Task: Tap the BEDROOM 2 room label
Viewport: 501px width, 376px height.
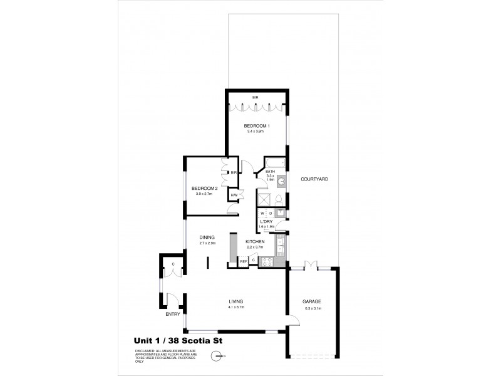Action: coord(204,189)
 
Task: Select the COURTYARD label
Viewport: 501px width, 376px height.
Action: coord(314,179)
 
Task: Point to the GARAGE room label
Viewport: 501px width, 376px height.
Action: coord(311,301)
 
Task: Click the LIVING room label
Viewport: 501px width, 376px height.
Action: coord(235,301)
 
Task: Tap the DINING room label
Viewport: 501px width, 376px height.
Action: coord(207,237)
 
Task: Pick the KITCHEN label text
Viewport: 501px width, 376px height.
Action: coord(255,241)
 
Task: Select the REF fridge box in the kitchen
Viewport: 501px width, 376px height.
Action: coord(242,260)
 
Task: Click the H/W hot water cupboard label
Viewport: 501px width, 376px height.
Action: coord(234,196)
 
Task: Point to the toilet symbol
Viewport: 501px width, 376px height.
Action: coord(281,199)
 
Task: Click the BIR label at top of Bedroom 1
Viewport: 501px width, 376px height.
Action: coord(256,98)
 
